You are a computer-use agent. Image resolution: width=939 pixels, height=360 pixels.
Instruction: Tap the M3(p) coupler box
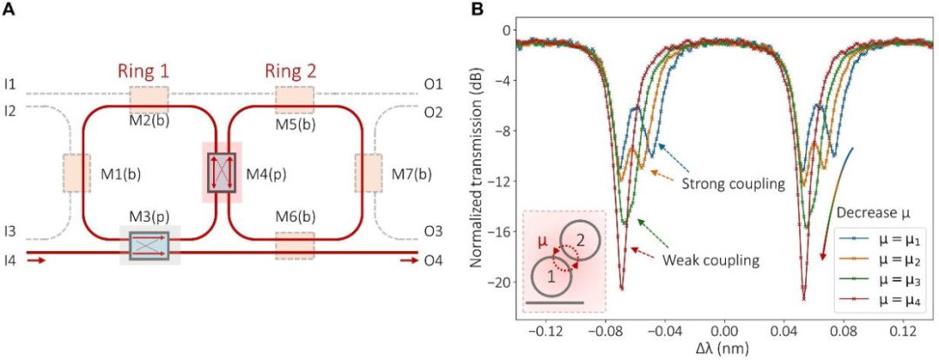[x=150, y=246]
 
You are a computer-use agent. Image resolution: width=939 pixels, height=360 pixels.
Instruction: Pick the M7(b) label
[x=411, y=173]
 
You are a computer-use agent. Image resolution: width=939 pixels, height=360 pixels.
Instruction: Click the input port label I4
[x=10, y=259]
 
